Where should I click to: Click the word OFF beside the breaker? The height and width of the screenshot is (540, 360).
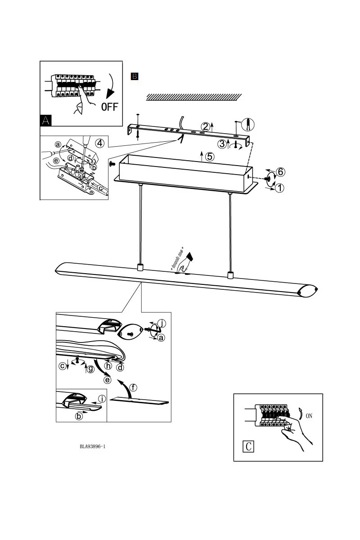(x=109, y=107)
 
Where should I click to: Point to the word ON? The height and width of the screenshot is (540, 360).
(x=309, y=416)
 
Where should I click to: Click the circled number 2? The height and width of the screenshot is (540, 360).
(x=206, y=127)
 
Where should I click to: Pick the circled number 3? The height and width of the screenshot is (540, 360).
(x=222, y=144)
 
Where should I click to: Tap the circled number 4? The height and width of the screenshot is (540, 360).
(x=100, y=143)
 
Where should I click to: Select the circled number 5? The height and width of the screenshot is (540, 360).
(x=209, y=157)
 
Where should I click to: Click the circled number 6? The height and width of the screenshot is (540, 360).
(x=280, y=172)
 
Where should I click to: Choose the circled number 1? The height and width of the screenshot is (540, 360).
(x=279, y=188)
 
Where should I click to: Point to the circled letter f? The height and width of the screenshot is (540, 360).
(x=133, y=387)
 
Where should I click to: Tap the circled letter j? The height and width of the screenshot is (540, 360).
(x=163, y=324)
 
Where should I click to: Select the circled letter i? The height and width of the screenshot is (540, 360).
(x=102, y=399)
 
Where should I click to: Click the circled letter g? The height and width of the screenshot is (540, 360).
(x=91, y=369)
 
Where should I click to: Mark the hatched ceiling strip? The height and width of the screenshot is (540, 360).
(x=194, y=97)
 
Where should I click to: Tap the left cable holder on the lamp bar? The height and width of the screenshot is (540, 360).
(x=140, y=267)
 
